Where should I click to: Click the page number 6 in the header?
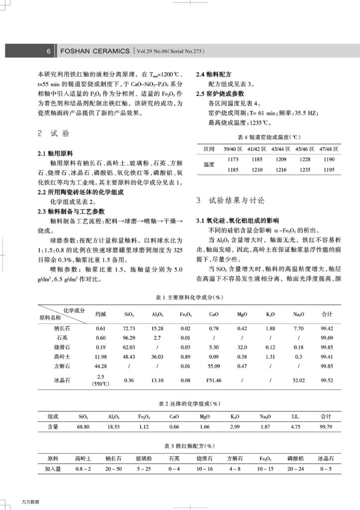(x=49, y=51)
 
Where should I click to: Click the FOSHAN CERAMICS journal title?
(x=95, y=51)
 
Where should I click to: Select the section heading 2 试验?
(x=53, y=133)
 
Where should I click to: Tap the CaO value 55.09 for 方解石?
(x=214, y=366)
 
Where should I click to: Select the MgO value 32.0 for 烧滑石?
(x=242, y=347)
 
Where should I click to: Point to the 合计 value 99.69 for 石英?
(x=327, y=338)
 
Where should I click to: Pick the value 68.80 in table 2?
(x=83, y=427)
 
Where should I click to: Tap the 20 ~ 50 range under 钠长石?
(x=114, y=469)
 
